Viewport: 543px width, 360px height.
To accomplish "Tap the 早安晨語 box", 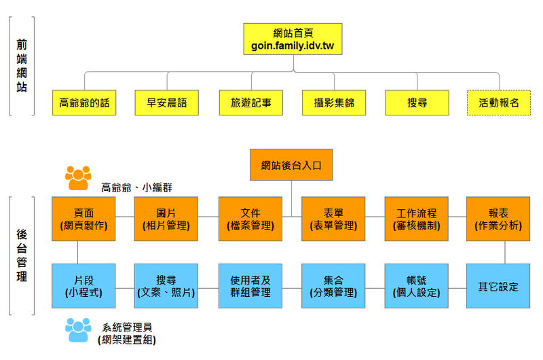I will coord(167,103).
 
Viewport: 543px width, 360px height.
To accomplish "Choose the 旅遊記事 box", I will coord(250,103).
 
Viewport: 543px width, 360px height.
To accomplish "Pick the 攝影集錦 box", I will coord(334,103).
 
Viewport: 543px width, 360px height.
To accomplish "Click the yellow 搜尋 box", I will coord(417,103).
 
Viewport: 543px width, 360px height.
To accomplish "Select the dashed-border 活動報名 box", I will coord(499,103).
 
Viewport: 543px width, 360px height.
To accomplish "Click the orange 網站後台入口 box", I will coord(292,165).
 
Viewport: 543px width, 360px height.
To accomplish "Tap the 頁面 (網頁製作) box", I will coord(83,219).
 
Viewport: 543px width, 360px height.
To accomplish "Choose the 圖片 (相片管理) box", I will coord(167,219).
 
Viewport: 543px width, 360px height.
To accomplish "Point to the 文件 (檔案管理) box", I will coord(250,219).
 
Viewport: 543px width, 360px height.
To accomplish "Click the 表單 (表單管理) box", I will coord(334,219).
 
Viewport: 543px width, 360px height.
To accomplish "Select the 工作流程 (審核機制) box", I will coord(417,219).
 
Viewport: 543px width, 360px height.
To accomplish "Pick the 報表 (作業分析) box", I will coord(499,219).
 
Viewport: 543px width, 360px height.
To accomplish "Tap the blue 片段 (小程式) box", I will coord(83,286).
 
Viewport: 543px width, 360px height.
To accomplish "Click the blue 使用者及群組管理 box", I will coord(250,286).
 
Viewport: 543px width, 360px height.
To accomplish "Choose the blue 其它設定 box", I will coord(499,286).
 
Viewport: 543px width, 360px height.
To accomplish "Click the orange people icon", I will coord(78,178).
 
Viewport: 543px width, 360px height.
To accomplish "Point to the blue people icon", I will coord(78,330).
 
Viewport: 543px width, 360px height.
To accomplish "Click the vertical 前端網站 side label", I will coord(22,65).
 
